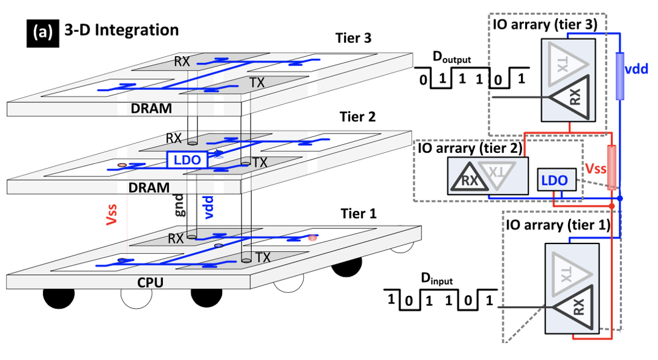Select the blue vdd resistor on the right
point(621,75)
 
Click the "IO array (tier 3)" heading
point(546,24)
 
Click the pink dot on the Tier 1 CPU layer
point(312,237)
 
